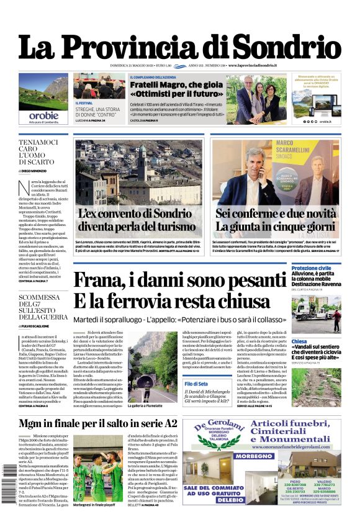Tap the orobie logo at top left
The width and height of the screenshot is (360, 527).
click(x=43, y=115)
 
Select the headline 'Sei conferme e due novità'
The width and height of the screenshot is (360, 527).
click(x=276, y=220)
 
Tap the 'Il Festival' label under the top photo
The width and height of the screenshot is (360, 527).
click(x=84, y=103)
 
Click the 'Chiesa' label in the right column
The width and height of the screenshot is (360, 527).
click(x=299, y=341)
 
